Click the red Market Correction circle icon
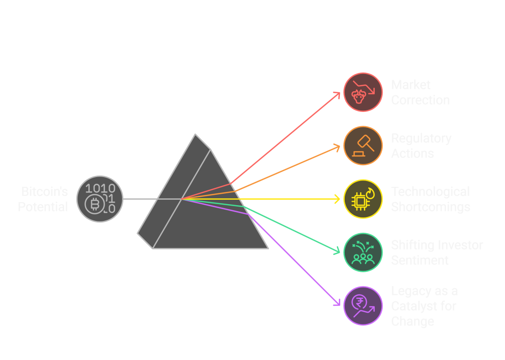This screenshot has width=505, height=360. pyautogui.click(x=363, y=92)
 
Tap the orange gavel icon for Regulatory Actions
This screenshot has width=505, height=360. pyautogui.click(x=363, y=145)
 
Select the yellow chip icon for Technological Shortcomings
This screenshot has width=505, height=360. pyautogui.click(x=363, y=199)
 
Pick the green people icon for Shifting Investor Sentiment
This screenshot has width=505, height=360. pyautogui.click(x=363, y=252)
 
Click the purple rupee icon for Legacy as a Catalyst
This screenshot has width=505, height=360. pyautogui.click(x=363, y=306)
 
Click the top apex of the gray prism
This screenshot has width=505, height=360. pyautogui.click(x=196, y=134)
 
